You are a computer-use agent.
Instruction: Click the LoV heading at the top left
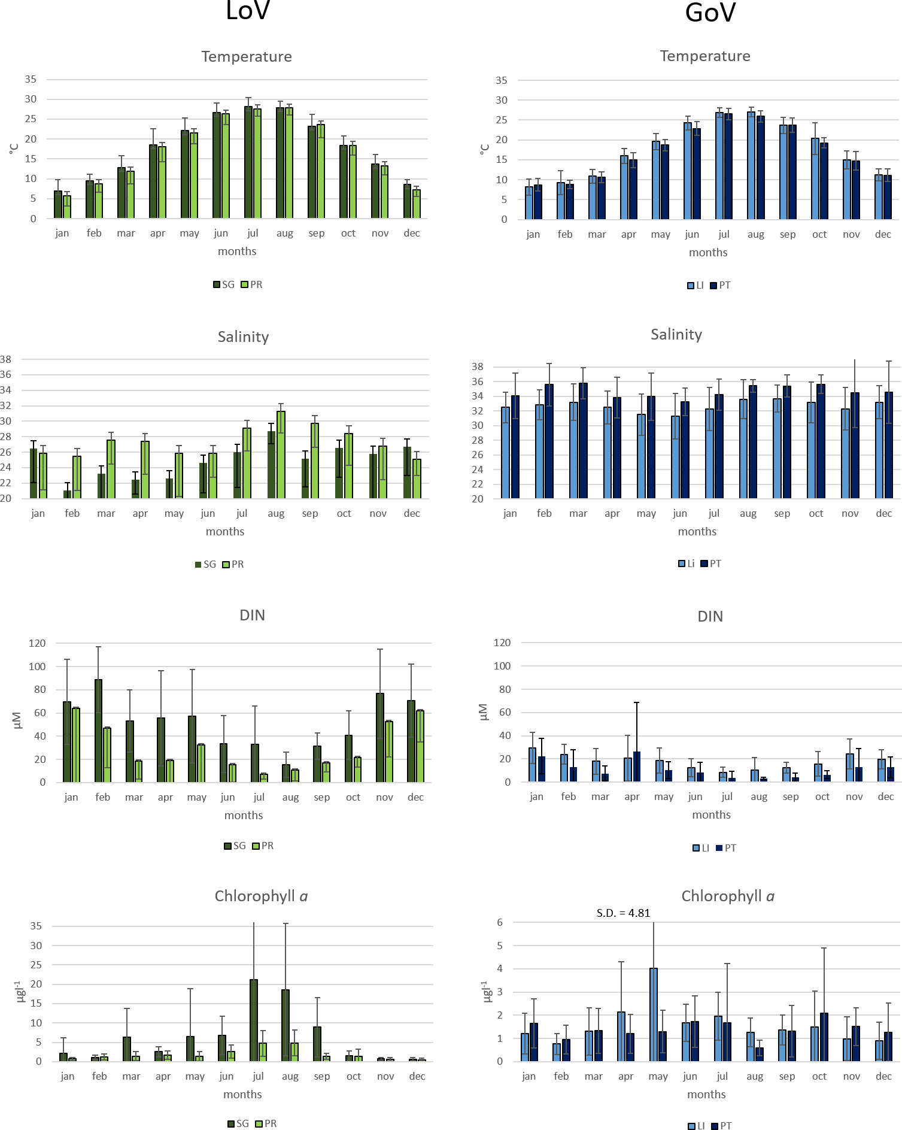coord(248,11)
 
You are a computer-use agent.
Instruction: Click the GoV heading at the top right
coord(710,13)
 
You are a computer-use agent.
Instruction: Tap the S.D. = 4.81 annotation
coord(623,913)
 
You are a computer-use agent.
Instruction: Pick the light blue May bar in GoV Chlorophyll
coord(654,1015)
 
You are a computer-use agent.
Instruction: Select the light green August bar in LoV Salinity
coord(281,455)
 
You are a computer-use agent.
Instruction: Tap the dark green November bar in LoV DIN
coord(380,738)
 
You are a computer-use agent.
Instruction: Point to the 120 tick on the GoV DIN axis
coord(502,643)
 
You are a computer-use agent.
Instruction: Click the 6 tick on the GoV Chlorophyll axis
coord(500,922)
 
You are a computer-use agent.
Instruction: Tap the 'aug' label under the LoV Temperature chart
coord(285,233)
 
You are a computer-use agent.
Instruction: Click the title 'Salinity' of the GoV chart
coord(676,334)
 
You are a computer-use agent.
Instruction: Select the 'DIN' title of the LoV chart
coord(252,615)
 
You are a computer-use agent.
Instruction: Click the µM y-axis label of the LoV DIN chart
coord(17,720)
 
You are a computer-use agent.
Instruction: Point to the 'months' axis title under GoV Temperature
coord(708,252)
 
